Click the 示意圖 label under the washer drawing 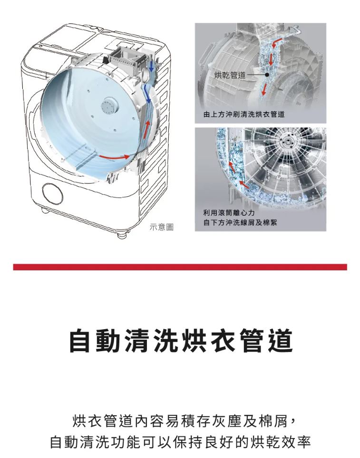pos(161,227)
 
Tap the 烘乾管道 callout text pos(230,75)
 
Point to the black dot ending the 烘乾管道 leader pos(267,75)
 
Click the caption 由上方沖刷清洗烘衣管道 pos(244,114)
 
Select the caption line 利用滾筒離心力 pos(229,213)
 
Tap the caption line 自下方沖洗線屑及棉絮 pos(240,223)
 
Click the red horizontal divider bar pos(180,267)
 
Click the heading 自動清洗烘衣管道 pos(181,341)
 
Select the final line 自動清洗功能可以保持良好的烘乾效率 pos(180,442)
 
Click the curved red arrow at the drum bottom pos(114,157)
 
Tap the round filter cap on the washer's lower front pos(53,193)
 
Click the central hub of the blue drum pos(109,106)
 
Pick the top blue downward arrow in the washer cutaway pos(152,67)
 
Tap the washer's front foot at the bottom pos(123,234)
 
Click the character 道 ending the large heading pos(281,341)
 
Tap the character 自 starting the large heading pos(81,341)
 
